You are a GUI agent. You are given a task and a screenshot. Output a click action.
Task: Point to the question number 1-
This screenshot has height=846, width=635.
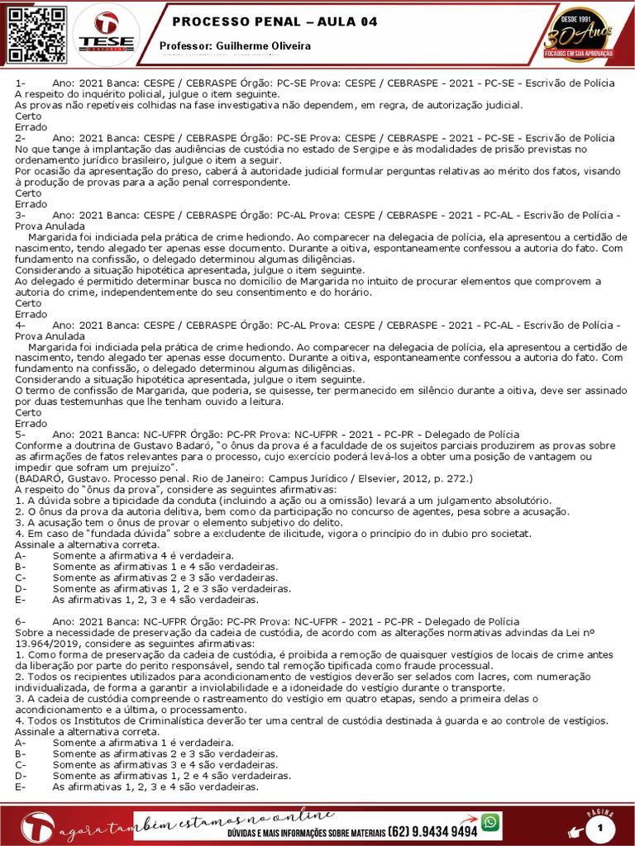(x=21, y=83)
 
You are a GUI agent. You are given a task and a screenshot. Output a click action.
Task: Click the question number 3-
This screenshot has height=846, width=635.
(x=21, y=214)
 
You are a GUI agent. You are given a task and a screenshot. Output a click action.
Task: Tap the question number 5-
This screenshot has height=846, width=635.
(x=21, y=434)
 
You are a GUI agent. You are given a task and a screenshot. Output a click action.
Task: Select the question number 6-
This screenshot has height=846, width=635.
(x=21, y=620)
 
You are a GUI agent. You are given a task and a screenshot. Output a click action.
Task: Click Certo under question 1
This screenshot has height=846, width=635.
(x=28, y=116)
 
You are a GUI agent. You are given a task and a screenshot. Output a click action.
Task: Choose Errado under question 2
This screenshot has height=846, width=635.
(x=31, y=203)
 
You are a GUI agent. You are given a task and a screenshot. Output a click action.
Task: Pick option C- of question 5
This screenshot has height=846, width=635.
(x=21, y=577)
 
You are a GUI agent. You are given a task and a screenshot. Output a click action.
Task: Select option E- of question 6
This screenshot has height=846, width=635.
(x=21, y=787)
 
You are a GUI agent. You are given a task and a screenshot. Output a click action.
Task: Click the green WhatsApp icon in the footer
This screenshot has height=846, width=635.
(x=491, y=821)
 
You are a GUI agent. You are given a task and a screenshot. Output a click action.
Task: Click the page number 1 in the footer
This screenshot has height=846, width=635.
(x=612, y=827)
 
